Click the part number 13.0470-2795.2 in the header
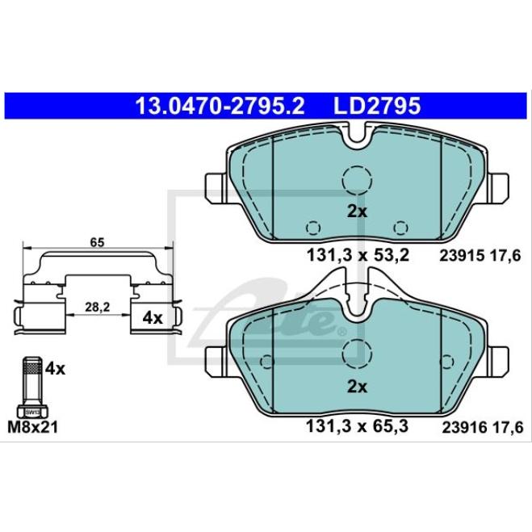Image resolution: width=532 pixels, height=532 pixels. [220, 106]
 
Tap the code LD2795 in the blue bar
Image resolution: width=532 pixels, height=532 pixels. [377, 106]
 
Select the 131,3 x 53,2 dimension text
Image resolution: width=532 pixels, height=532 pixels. [358, 255]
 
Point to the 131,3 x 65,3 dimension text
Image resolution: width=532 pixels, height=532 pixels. [357, 426]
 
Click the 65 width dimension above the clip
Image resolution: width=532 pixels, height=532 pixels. [97, 243]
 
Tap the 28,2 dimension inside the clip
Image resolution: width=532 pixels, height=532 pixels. [98, 307]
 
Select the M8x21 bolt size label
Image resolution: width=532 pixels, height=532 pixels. [33, 427]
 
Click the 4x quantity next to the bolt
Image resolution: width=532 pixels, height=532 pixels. [55, 368]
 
